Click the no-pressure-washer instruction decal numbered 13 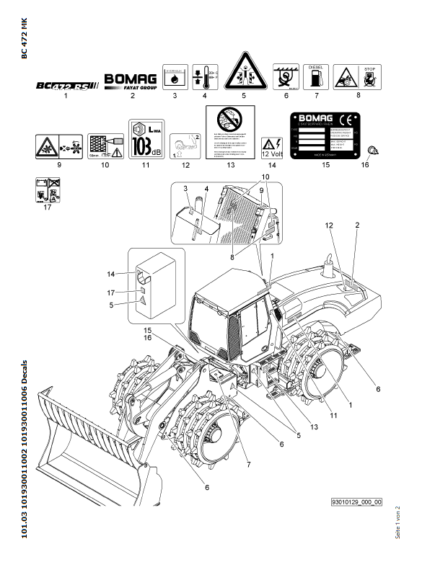click(x=231, y=134)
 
